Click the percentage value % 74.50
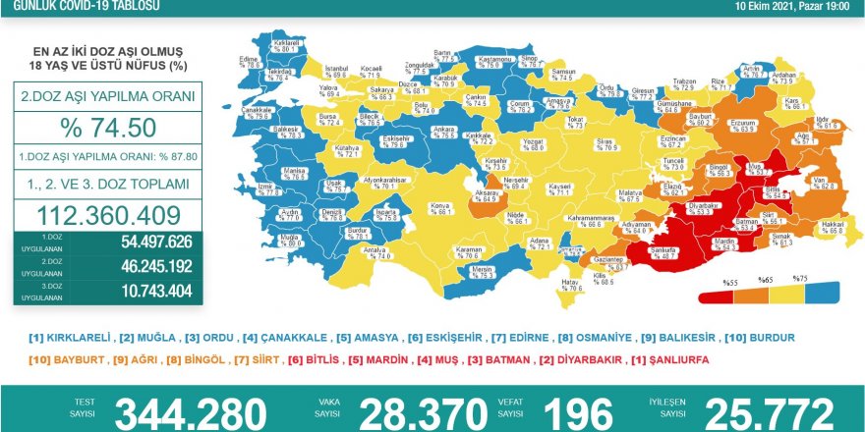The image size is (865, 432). (108, 129)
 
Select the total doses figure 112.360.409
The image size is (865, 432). (108, 216)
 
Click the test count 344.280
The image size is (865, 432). (191, 413)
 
